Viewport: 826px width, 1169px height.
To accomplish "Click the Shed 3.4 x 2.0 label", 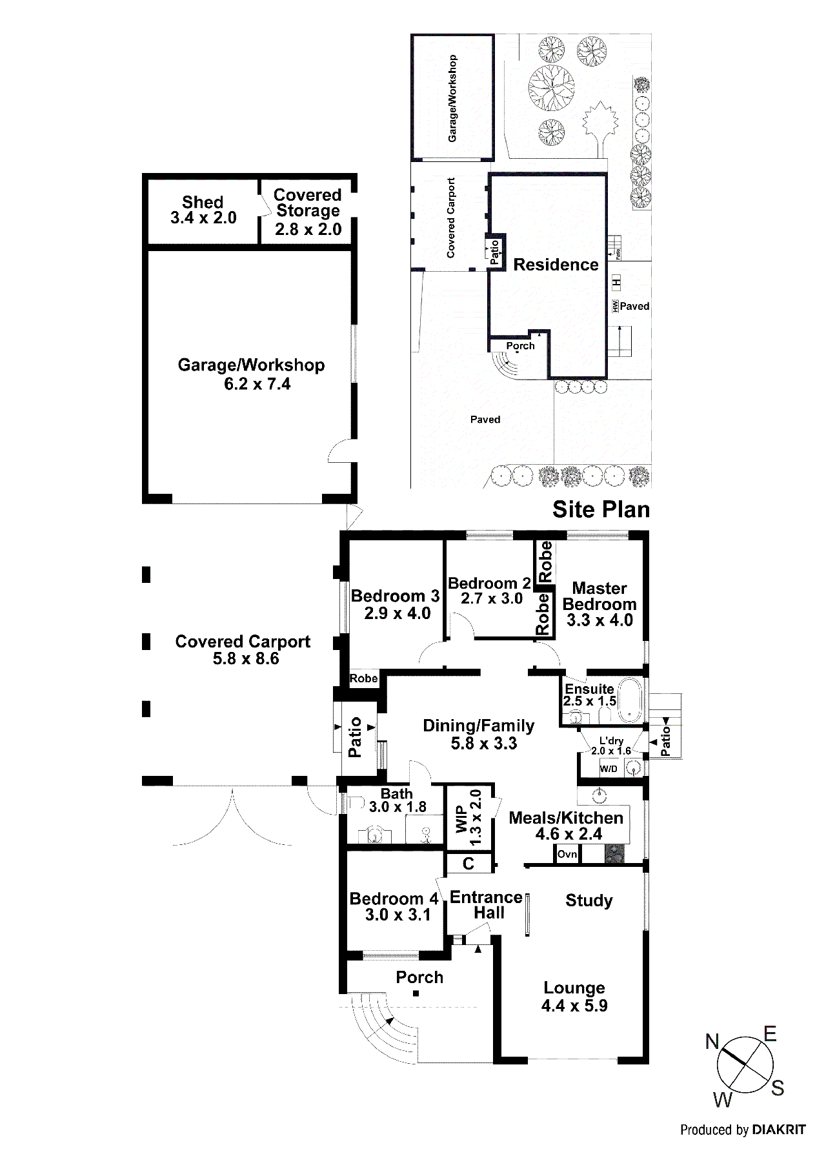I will (203, 210).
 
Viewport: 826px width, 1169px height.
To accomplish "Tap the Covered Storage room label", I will (308, 212).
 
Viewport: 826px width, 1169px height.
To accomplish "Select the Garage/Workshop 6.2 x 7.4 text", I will (252, 374).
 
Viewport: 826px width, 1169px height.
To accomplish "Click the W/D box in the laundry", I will (609, 768).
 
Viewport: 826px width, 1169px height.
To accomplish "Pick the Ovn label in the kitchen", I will (567, 854).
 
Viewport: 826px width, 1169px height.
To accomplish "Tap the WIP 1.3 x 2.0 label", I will (469, 817).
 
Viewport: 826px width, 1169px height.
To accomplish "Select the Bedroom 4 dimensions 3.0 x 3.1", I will (398, 915).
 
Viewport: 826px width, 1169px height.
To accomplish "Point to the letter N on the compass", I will (712, 1041).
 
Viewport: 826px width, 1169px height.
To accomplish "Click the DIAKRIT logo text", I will (778, 1130).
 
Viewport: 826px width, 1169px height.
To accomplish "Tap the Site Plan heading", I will (601, 509).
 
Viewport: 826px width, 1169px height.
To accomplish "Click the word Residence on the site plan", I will (556, 265).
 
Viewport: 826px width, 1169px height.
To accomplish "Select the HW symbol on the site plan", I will (616, 306).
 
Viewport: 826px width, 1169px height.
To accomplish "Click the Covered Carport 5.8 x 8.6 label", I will (243, 650).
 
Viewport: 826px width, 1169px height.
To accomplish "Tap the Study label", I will (589, 900).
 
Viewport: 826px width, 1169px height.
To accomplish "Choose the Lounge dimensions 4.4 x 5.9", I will (574, 1006).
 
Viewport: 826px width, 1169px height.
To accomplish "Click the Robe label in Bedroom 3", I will (363, 678).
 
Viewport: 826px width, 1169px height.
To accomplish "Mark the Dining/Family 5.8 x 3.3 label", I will (479, 735).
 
